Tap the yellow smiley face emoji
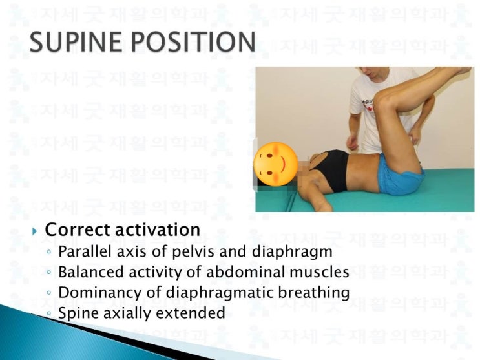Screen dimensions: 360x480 pyautogui.click(x=276, y=163)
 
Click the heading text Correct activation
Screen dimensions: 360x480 pyautogui.click(x=123, y=229)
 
